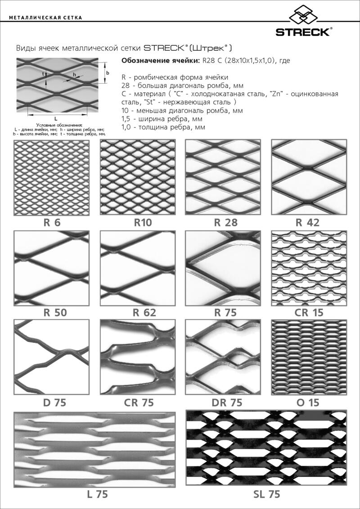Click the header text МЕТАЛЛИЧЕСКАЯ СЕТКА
coord(46,18)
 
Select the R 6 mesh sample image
coord(52,177)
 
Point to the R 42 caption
coord(307,223)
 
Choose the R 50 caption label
coord(55,313)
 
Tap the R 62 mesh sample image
coord(138,268)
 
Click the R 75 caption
coord(225,313)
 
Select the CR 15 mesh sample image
coord(309,268)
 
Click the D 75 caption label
coord(54,403)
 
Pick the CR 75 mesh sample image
coord(138,357)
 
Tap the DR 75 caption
coord(227,403)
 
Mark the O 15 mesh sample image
coord(309,357)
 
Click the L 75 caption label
coord(97,495)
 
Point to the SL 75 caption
coord(266,495)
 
